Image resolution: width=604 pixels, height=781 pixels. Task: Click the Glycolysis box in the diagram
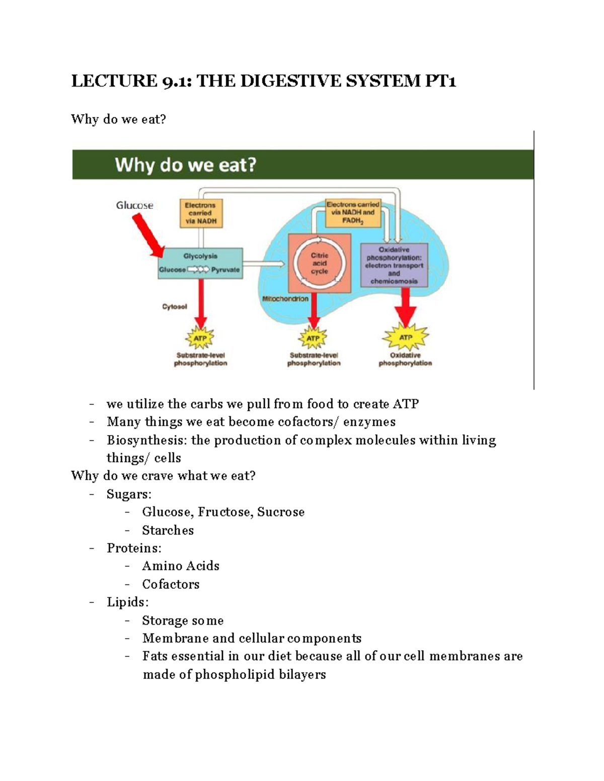tap(200, 263)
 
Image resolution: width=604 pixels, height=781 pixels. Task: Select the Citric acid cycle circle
tap(319, 263)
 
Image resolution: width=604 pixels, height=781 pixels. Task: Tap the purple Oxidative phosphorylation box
tap(394, 265)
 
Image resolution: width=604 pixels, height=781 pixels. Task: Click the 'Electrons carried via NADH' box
tap(200, 213)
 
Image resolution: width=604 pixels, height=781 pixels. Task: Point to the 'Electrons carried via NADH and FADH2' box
tap(353, 212)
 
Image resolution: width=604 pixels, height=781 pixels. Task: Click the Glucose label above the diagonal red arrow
tap(134, 205)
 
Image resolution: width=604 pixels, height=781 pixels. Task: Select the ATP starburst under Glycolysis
tap(200, 338)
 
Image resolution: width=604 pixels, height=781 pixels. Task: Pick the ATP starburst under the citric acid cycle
tap(313, 338)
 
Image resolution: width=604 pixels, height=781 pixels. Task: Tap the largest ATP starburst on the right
tap(405, 337)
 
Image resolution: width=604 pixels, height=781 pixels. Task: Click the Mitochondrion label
tap(285, 299)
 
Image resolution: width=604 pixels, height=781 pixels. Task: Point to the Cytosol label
tap(174, 306)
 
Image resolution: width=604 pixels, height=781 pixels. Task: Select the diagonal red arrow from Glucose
tap(149, 234)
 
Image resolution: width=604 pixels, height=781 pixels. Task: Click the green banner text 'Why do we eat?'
tap(186, 164)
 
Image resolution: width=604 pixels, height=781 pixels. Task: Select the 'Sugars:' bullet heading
tap(129, 494)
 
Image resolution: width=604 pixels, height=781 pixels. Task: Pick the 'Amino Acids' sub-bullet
tap(181, 566)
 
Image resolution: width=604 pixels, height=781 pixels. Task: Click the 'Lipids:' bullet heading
tap(127, 602)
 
